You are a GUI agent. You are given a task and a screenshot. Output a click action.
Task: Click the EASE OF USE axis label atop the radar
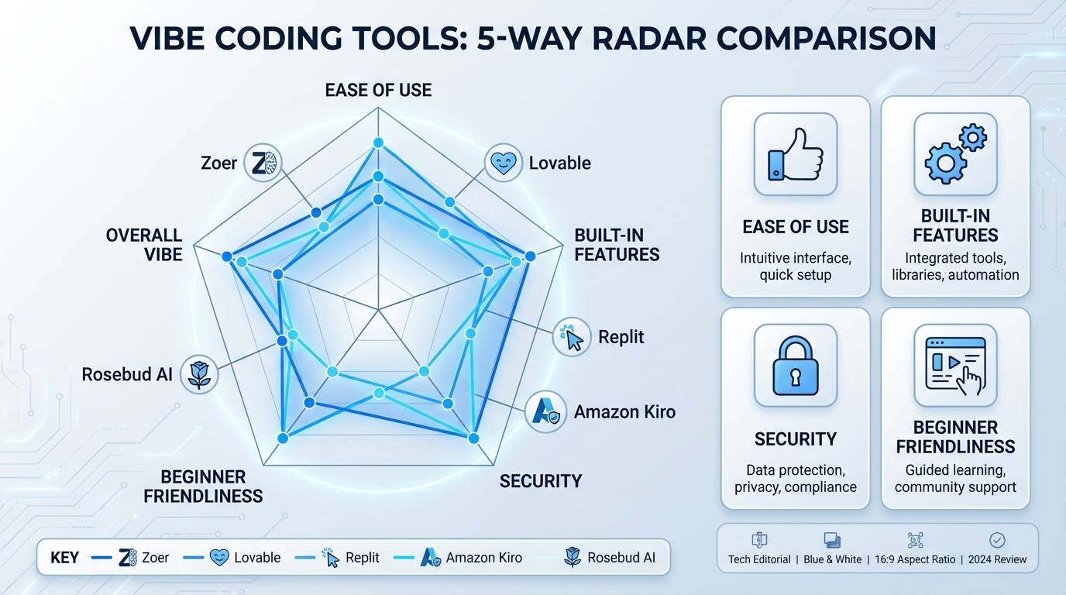378,90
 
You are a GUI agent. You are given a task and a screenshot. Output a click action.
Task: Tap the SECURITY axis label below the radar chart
540,481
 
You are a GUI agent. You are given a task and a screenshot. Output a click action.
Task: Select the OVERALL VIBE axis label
144,245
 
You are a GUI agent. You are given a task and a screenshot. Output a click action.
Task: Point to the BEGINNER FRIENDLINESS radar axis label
203,486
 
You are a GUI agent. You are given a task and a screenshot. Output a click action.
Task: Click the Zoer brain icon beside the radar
263,163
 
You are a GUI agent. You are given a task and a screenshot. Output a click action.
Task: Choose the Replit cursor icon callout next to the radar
573,338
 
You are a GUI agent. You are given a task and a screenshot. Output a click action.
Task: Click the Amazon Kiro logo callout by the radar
545,411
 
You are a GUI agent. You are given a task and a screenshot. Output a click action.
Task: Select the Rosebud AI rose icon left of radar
199,375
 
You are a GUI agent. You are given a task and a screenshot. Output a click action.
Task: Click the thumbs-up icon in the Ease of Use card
795,154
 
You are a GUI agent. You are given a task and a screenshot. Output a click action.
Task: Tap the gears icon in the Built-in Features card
955,154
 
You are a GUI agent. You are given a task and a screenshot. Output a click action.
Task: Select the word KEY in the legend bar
64,558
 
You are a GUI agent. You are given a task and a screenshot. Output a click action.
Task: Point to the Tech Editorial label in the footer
759,559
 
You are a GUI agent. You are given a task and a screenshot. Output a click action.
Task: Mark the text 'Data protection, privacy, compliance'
795,479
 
